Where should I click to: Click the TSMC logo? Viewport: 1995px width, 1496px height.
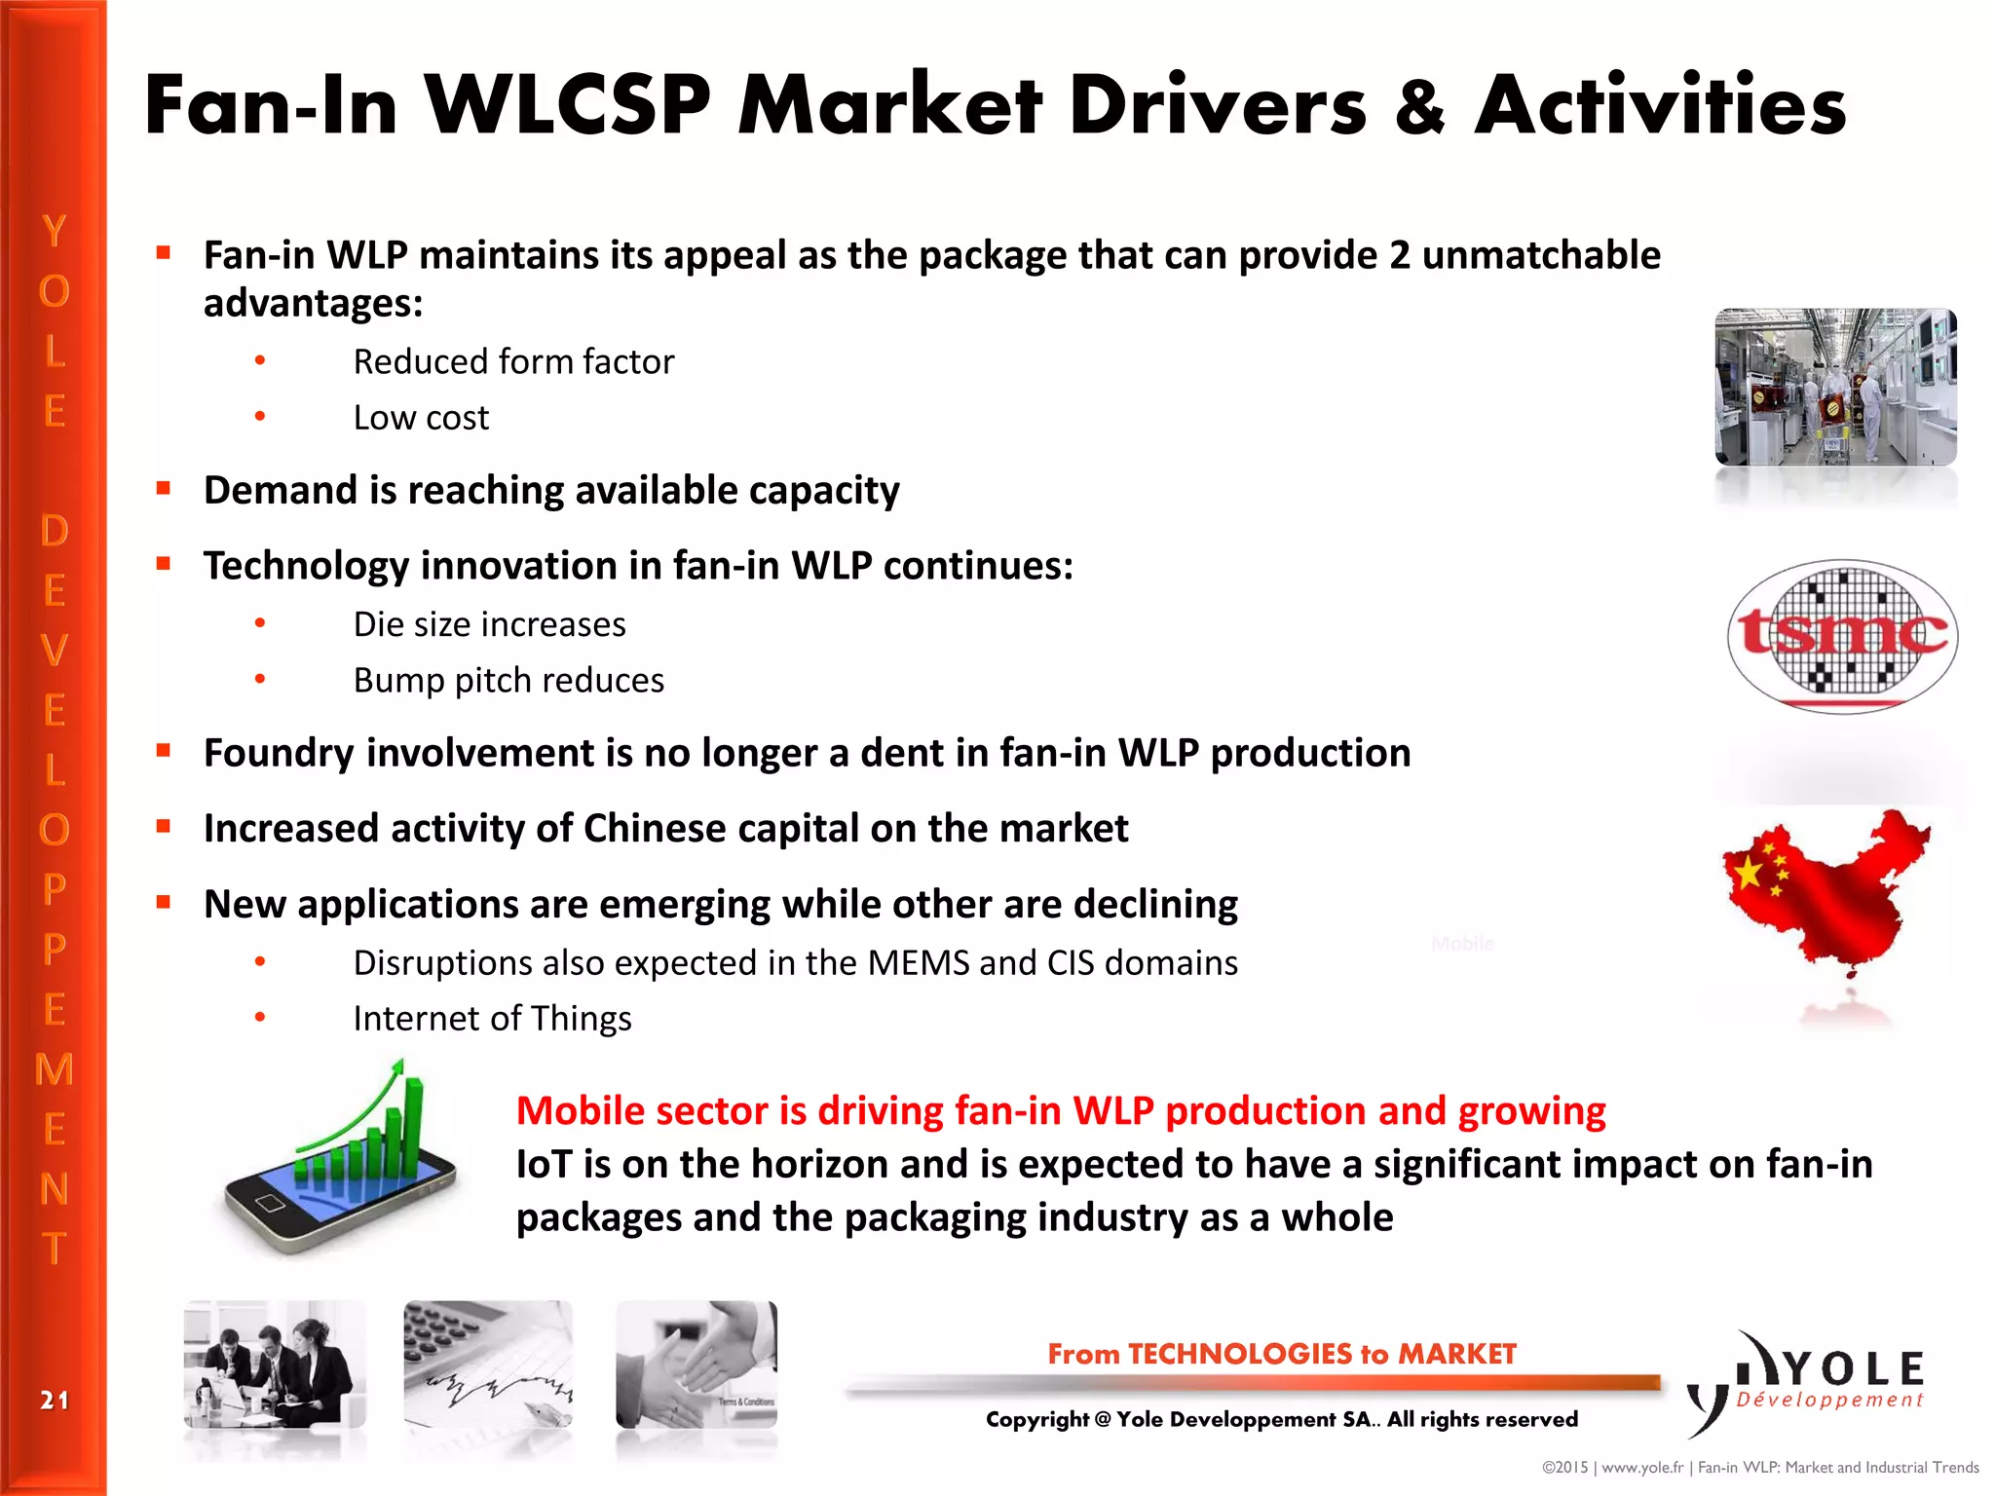point(1842,636)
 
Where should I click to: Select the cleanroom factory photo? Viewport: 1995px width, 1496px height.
point(1835,387)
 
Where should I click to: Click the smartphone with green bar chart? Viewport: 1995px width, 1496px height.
point(340,1163)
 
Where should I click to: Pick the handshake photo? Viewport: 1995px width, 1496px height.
point(696,1364)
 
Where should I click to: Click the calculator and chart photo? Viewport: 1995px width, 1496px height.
point(488,1364)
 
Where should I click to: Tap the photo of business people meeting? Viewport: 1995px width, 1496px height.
point(275,1364)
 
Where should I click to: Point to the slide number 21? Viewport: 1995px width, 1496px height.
point(55,1401)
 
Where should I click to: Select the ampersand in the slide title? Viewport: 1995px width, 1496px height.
point(1420,107)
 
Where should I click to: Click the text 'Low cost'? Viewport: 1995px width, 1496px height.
point(421,418)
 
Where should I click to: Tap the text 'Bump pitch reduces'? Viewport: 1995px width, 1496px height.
point(508,680)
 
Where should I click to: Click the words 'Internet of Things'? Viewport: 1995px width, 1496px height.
point(492,1019)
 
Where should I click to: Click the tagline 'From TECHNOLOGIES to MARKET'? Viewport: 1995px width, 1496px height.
point(1282,1354)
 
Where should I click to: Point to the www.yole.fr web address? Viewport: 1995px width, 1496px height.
point(1642,1468)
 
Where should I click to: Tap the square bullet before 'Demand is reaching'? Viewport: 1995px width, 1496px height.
point(164,488)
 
